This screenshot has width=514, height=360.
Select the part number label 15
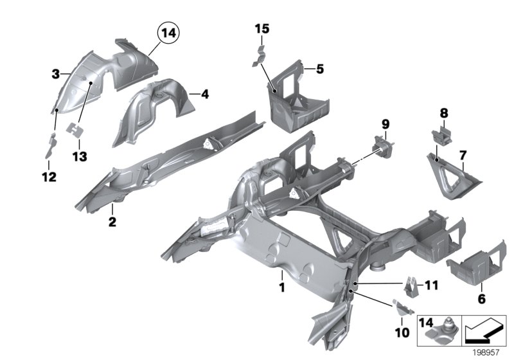261,29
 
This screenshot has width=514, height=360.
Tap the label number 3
56,75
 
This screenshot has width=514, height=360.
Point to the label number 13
78,156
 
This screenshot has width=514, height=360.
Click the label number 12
49,176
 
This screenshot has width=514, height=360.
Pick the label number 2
112,222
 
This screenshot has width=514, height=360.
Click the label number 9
385,123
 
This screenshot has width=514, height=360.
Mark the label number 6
481,298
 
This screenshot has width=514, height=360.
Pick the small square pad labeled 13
78,130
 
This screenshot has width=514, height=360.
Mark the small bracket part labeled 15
260,54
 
